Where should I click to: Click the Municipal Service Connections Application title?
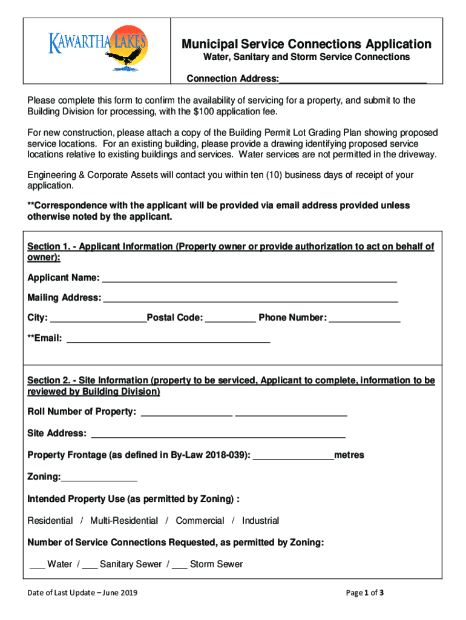pos(307,44)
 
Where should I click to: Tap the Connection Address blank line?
pos(353,79)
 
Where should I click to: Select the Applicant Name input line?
pos(249,278)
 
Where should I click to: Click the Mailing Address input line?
pos(251,298)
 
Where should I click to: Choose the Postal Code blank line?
pos(231,318)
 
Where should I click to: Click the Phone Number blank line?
pos(364,318)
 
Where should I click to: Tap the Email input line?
pos(168,338)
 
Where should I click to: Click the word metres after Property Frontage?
pos(349,455)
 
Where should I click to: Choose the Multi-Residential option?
pos(124,521)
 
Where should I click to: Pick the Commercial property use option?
pos(200,521)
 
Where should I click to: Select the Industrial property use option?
pos(260,521)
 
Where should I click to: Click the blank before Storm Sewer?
pos(179,564)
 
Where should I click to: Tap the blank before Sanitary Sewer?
pos(90,564)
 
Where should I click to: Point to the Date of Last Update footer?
pos(82,593)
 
